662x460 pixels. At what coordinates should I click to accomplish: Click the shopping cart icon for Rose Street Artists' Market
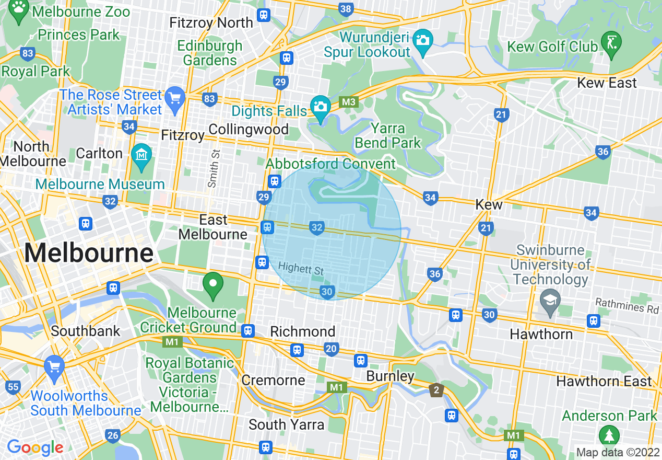tap(175, 97)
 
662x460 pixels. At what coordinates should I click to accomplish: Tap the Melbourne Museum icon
tap(141, 155)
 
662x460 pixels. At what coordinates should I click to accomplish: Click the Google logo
tap(34, 447)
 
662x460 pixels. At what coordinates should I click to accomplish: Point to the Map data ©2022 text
tap(617, 452)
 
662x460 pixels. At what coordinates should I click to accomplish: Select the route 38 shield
tap(346, 9)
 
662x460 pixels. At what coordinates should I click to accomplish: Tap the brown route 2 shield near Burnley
tap(436, 389)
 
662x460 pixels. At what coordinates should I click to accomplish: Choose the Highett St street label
tap(301, 269)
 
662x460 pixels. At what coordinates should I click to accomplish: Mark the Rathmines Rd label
tap(628, 306)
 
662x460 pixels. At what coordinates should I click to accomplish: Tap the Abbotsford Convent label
tap(331, 164)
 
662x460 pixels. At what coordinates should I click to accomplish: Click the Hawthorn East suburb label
tap(604, 381)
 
